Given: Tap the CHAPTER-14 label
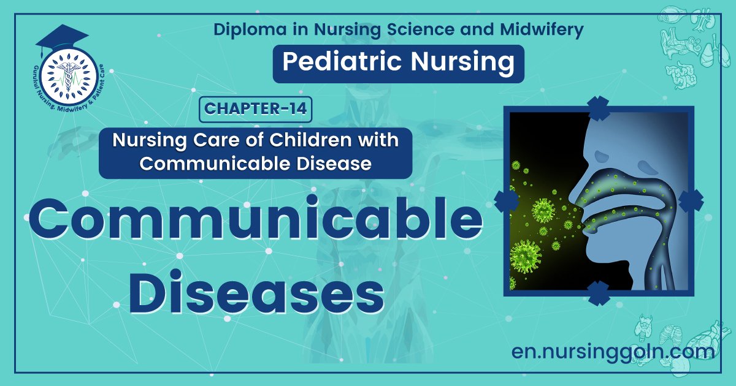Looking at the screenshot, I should click(255, 109).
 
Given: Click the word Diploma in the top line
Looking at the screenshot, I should click(243, 29).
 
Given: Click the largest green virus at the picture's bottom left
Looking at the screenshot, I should click(526, 255).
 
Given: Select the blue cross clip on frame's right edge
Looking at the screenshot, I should click(692, 200).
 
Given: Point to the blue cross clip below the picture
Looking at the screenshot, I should click(599, 293).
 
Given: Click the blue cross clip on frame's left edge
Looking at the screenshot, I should click(506, 200).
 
